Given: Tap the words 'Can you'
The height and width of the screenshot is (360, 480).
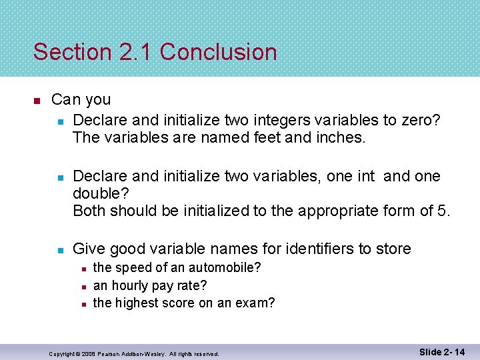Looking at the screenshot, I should click(81, 100).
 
